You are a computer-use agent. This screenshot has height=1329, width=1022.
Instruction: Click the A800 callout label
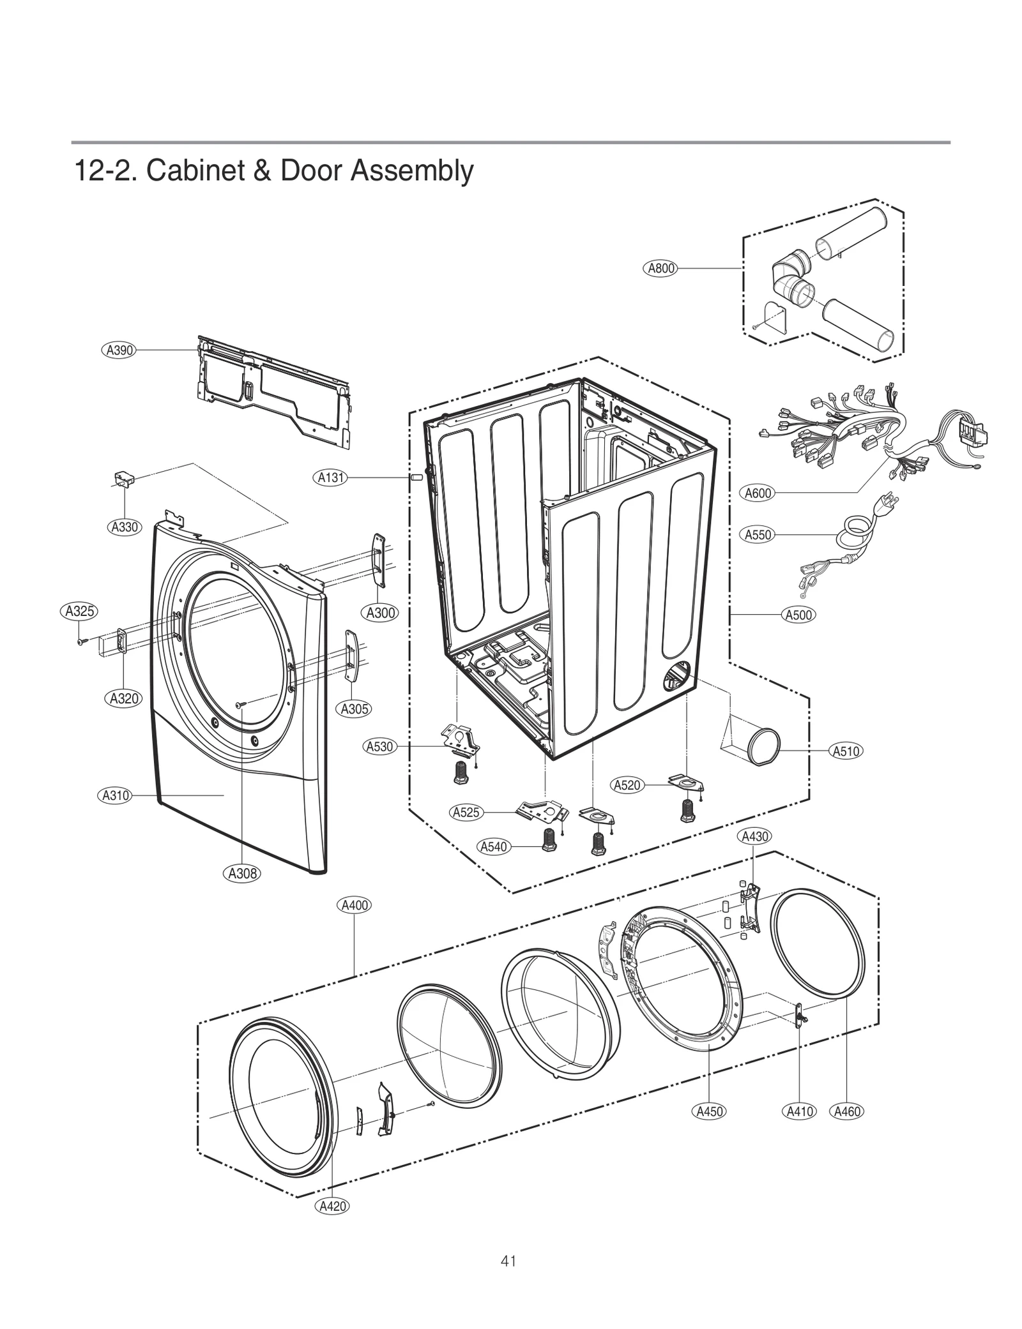(661, 268)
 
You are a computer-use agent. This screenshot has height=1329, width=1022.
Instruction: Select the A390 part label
(119, 350)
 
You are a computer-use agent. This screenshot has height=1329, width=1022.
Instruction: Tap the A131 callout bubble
(331, 477)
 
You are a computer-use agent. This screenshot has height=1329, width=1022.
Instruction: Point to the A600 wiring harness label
(758, 493)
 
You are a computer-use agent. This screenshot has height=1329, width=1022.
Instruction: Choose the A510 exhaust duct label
(846, 751)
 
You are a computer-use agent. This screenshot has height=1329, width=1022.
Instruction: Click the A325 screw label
(80, 611)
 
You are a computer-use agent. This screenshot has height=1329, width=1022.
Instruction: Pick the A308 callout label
(243, 873)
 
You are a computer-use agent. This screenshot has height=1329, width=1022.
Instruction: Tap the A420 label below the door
(332, 1206)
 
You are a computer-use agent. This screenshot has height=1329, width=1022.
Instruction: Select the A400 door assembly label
(354, 905)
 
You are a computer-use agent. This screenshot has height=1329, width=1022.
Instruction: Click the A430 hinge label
(754, 836)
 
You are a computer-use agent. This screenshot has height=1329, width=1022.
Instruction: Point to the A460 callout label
(847, 1111)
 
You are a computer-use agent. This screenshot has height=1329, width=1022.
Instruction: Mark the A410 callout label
(799, 1111)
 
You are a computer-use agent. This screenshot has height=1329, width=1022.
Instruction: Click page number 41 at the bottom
(508, 1261)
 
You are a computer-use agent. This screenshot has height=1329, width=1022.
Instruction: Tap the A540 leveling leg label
(493, 846)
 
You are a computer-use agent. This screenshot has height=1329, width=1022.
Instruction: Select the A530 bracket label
(379, 746)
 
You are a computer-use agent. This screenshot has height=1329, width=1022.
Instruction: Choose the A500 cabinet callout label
(798, 615)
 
